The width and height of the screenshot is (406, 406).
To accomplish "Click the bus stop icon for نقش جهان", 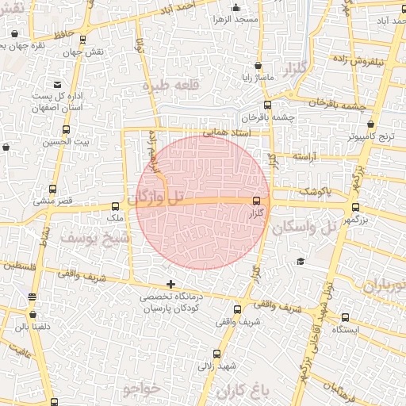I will coord(83,38).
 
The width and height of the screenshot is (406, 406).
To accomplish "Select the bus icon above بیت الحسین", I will coord(66,129).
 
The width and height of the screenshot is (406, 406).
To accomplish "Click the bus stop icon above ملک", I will coord(116,205).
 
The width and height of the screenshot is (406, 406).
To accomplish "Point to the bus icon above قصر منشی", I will coord(53,190).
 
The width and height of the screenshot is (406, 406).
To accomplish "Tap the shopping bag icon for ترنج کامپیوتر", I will coord(371,124).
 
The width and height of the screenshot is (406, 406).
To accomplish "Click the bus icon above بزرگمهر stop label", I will coord(355,208).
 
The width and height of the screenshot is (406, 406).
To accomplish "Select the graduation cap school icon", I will coord(301,262).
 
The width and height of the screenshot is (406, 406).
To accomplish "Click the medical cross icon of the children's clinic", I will coord(170,284).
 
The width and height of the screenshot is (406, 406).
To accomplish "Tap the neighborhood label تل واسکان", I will coord(313,226).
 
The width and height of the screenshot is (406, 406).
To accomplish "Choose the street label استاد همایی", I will coord(227,134).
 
